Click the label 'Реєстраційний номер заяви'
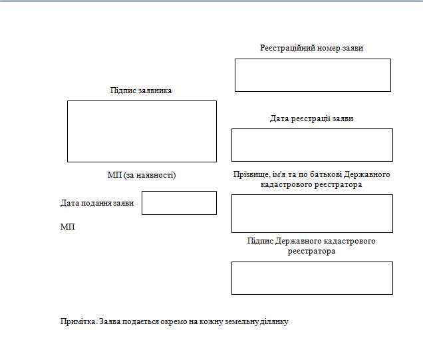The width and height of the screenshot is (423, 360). (x=311, y=48)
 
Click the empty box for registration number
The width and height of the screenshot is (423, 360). (x=313, y=75)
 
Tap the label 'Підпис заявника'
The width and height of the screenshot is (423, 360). (x=141, y=90)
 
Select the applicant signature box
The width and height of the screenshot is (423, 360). (x=142, y=131)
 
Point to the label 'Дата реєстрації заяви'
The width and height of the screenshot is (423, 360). (x=311, y=118)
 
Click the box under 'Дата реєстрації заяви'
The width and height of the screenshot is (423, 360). (x=312, y=145)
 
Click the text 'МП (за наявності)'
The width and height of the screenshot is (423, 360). (x=142, y=175)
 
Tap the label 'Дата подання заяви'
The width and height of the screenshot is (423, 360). (x=97, y=203)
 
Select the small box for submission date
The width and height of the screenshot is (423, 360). (x=179, y=203)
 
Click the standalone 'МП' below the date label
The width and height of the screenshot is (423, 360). (x=68, y=227)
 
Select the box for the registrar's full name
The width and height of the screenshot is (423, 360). (x=312, y=213)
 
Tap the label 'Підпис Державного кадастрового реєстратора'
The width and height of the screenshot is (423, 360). (x=311, y=246)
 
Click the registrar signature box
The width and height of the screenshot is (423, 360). (x=312, y=278)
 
